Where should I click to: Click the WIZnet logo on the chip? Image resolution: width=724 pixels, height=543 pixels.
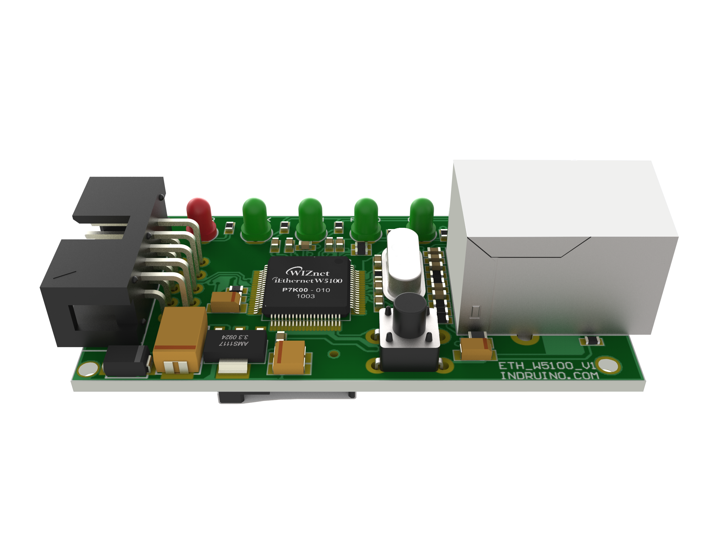click(x=308, y=272)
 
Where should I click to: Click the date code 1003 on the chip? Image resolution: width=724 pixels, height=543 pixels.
click(x=305, y=297)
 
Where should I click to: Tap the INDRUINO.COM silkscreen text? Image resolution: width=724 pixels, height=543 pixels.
click(x=550, y=375)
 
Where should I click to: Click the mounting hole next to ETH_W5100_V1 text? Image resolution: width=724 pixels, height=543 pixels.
click(x=607, y=365)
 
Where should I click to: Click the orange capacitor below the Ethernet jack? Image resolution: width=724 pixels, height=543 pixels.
click(x=475, y=349)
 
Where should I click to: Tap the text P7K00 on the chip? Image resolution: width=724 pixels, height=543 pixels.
click(x=295, y=290)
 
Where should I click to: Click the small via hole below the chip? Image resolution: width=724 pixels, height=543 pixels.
click(x=334, y=354)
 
